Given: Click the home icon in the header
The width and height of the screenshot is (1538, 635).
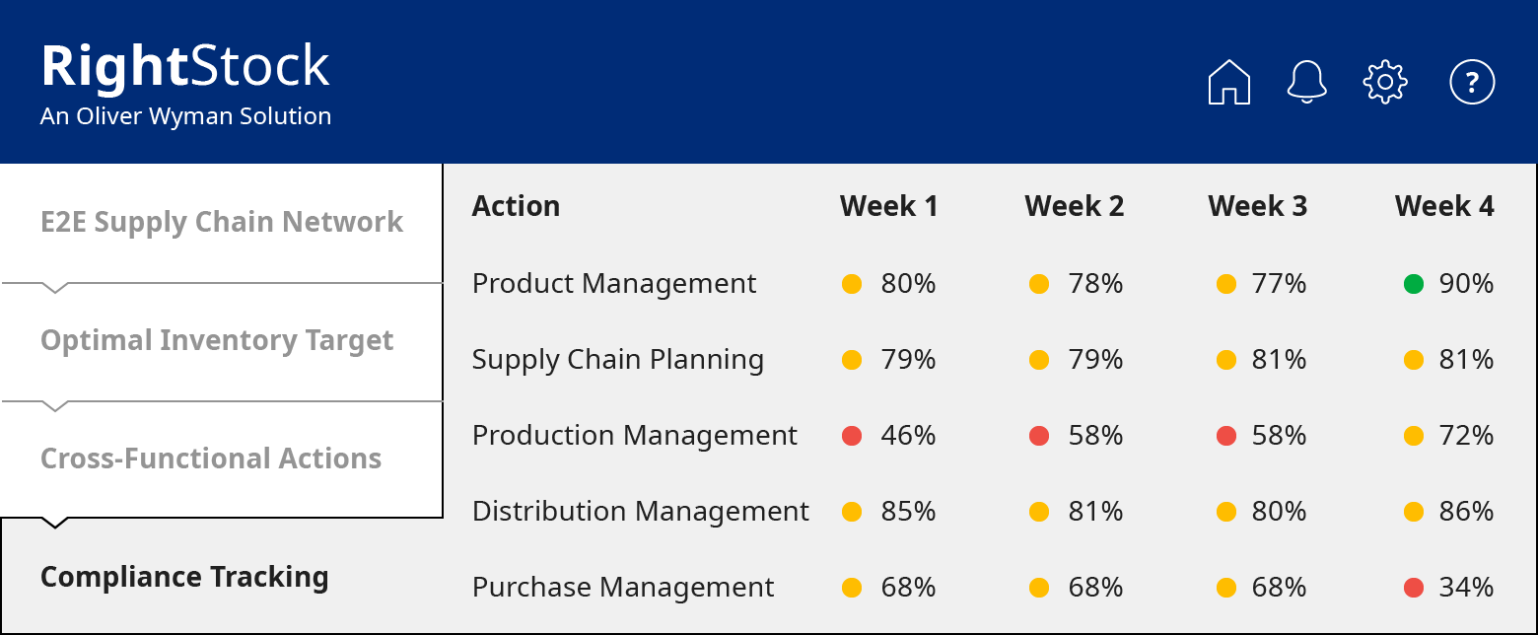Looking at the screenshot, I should point(1228,82).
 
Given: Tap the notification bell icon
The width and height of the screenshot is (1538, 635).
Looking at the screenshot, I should point(1307,82).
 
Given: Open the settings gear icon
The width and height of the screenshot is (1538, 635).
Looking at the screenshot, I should point(1385,82).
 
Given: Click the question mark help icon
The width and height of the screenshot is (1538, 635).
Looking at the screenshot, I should point(1472,82).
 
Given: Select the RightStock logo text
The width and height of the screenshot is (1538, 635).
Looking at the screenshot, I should point(185,67).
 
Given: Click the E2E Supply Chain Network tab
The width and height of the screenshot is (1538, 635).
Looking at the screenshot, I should point(222,222).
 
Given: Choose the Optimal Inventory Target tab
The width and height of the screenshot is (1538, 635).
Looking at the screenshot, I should point(217,340).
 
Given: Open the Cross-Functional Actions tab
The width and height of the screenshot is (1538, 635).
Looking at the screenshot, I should point(211,459).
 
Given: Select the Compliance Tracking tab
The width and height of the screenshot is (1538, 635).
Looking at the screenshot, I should point(184,577).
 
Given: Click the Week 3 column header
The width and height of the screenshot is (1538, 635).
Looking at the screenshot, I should point(1257,206).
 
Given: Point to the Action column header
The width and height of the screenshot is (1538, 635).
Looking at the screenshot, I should point(516,206).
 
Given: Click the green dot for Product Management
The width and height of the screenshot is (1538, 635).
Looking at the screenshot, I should point(1414,284).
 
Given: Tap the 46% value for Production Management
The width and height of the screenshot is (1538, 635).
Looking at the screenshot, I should point(908,435).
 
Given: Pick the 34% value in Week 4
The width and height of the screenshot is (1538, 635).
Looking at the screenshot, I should point(1466,587).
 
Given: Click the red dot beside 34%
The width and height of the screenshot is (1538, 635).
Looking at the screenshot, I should point(1414,588).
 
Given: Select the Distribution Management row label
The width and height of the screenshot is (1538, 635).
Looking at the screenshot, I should point(640,511).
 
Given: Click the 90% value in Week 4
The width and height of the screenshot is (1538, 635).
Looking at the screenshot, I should point(1466,284).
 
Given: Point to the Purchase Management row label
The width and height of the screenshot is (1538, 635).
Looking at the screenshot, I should point(623,587).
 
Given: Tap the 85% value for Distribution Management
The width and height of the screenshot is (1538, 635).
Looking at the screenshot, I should point(908,511).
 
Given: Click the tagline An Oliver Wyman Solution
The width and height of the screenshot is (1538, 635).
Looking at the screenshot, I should point(185,116).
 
